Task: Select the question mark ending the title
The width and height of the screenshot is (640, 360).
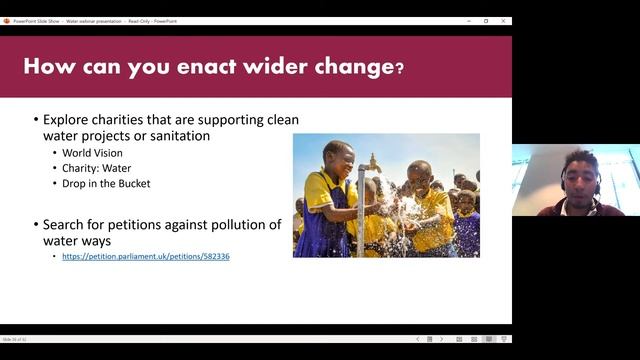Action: [x=399, y=69]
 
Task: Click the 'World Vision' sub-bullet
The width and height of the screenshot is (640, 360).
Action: [x=89, y=153]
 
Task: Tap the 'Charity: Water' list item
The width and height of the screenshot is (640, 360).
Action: [x=93, y=168]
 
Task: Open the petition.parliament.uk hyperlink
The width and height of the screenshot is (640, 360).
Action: [x=146, y=257]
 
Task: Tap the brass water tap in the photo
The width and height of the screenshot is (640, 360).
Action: [x=372, y=162]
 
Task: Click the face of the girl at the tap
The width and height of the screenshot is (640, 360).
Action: [x=337, y=159]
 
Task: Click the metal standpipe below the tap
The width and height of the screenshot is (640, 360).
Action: [x=361, y=215]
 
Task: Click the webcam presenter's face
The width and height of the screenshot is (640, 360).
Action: [x=577, y=176]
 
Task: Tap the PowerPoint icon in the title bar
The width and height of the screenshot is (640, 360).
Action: [x=6, y=20]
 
